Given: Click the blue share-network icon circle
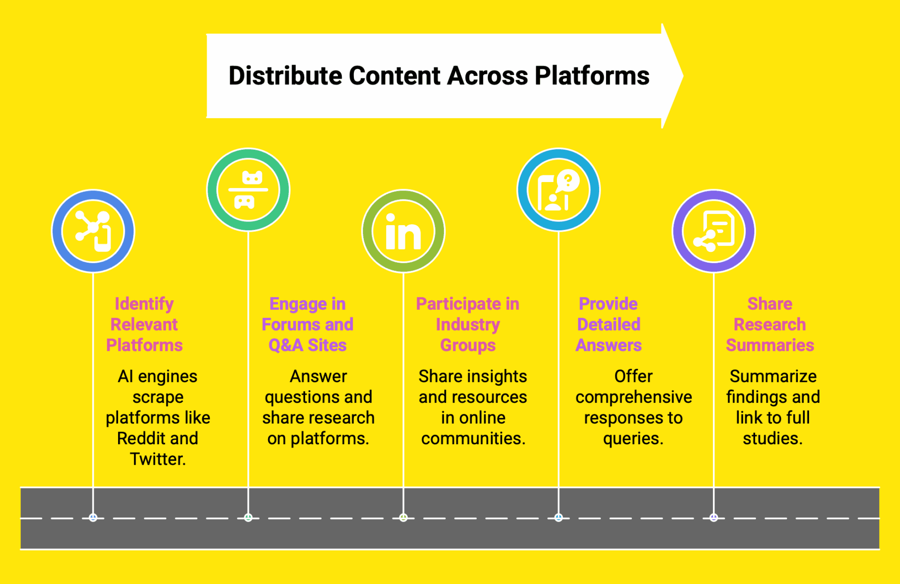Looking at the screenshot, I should point(93,231).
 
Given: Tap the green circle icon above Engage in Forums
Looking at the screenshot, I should point(248,190).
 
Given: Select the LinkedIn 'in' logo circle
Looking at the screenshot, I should point(403,231).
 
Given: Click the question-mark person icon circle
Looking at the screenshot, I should point(558,190).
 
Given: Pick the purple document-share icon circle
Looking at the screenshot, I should point(713,231).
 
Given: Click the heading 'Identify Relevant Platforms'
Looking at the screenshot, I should point(144,324).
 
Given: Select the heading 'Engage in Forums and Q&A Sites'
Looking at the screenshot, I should point(307,324).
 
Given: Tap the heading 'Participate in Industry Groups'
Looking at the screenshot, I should point(467,324).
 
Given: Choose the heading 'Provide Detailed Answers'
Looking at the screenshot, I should point(608,324).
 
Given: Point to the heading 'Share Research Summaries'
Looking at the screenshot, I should point(770,324).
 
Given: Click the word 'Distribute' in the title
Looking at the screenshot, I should point(285,76).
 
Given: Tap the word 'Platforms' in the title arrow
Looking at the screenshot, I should point(592,76).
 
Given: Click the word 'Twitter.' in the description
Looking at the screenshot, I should point(157,459).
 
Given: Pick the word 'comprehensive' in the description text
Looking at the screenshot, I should point(633,397).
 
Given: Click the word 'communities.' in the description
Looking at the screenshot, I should point(473,438).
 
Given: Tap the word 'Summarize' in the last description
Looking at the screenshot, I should point(773,376).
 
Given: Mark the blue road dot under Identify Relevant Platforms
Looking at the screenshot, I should point(93,517).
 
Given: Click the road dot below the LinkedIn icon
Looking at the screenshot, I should point(403,517).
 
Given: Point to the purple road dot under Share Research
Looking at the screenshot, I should point(713,517).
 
